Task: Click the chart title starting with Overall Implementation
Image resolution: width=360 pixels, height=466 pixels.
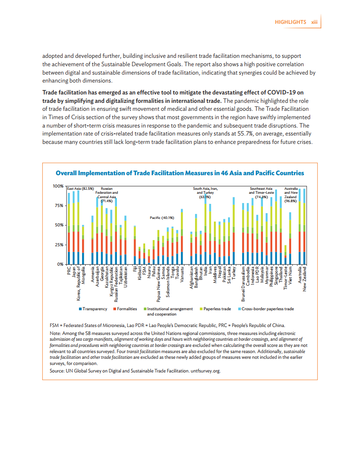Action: click(x=180, y=173)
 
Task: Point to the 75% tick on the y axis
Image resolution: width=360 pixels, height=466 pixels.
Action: click(x=59, y=205)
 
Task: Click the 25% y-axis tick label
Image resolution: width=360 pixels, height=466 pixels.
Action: click(x=59, y=244)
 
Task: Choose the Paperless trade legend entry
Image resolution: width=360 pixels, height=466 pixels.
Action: click(x=217, y=309)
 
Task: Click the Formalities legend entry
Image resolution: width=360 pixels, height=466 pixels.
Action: click(x=127, y=309)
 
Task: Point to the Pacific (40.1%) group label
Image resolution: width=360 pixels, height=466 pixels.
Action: click(x=162, y=218)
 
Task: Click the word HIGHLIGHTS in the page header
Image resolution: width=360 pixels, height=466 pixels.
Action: click(x=290, y=22)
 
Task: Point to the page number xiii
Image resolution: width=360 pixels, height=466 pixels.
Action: click(x=315, y=22)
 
